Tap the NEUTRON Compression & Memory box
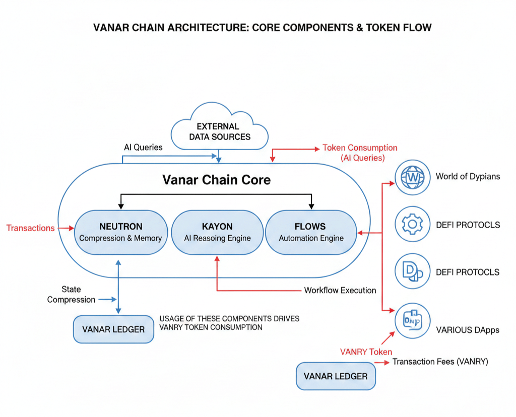(x=120, y=232)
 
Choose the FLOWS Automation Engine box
(x=311, y=232)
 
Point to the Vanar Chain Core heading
(x=216, y=180)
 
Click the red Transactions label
(x=30, y=228)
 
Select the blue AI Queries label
(x=143, y=148)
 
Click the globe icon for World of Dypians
(x=413, y=177)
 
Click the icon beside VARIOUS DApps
(x=413, y=320)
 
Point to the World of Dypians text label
(x=468, y=177)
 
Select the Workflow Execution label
(x=340, y=291)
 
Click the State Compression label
(x=71, y=295)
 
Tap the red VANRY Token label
(x=366, y=352)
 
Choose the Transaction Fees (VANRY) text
(x=440, y=362)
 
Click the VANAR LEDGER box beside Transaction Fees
(x=336, y=376)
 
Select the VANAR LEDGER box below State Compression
(x=113, y=329)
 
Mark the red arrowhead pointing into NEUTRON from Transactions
(x=71, y=228)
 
